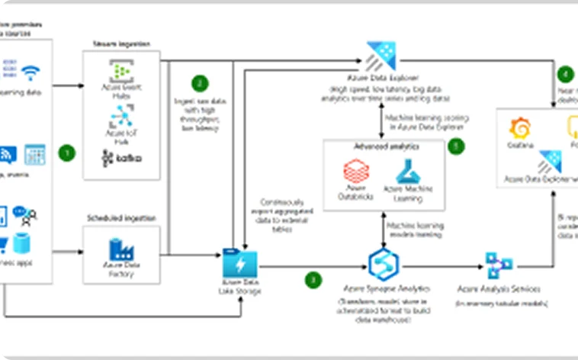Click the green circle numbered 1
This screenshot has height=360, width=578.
pos(67,153)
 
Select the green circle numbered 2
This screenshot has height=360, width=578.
pos(200,83)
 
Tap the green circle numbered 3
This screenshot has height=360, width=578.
pos(313,279)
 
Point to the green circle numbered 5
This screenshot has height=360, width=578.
pos(456,146)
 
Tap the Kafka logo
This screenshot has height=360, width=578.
pos(120,158)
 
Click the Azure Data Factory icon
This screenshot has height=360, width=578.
pos(120,249)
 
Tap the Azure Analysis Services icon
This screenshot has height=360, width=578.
pos(499,265)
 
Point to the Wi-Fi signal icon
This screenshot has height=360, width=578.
pos(31,72)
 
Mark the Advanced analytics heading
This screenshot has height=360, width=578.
pos(374,145)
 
